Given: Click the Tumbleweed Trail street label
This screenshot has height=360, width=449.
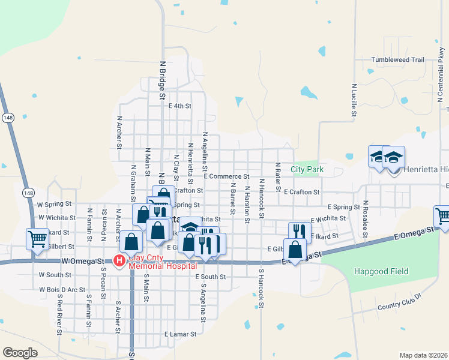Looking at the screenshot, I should tap(397, 60).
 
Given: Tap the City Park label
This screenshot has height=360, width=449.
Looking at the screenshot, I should tap(307, 170).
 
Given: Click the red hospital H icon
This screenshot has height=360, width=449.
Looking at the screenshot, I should tap(119, 260).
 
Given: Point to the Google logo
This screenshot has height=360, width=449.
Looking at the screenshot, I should tap(20, 353).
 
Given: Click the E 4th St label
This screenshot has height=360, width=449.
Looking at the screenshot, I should tap(179, 106).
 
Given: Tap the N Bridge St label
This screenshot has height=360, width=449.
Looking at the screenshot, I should tap(162, 76).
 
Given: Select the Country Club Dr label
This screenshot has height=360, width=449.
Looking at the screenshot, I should tap(400, 302).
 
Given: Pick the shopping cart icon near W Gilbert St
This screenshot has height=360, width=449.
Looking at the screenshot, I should tap(37, 239).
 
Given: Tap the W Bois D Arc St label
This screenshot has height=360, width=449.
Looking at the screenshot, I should tap(62, 289).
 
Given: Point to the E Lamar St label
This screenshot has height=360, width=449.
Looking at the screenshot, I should tap(180, 334).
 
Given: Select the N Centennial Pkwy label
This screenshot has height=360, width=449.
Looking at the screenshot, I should tap(441, 81).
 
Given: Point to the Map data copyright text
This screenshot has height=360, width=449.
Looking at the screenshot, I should tap(423, 355).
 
